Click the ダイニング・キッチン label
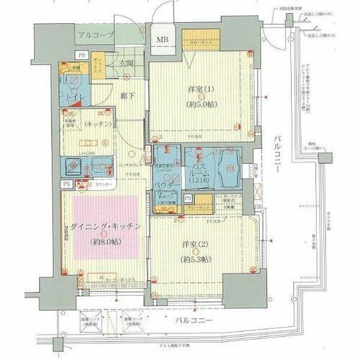point(106,228)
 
